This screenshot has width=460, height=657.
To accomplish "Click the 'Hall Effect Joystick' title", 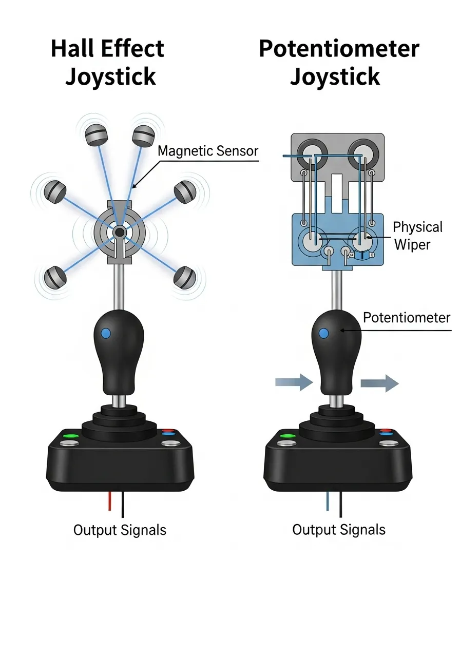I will coord(108,62).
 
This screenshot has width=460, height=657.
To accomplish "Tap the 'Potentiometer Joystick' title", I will coord(339,62).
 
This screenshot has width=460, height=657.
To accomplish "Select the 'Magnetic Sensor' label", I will coord(208,151).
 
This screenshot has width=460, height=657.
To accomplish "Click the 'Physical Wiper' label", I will coord(417,236).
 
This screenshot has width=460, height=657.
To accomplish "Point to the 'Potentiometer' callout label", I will coord(406,317).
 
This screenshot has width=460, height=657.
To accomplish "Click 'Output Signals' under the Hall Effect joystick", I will coord(120,530).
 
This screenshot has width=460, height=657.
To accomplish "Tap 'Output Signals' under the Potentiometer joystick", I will coord(339,530).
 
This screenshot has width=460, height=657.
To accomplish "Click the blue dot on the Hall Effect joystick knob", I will coord(106,333).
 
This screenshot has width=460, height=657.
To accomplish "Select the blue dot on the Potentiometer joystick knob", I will coord(323,334).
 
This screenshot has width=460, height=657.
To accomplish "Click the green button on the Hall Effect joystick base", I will coord(70,437).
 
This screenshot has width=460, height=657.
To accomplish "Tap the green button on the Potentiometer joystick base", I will coord(288,437).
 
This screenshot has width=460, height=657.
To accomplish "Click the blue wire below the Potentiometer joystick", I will coord(328,501).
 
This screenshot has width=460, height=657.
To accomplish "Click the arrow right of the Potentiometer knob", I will coord(379,383).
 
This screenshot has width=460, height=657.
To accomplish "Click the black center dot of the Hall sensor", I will coord(120,233).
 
